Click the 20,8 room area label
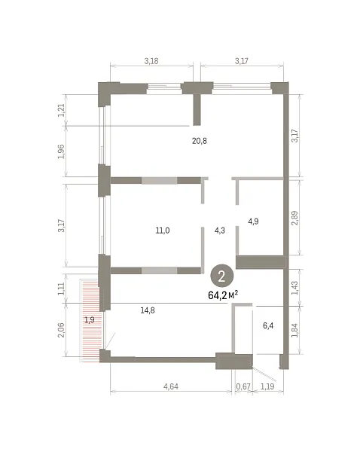(x=200, y=141)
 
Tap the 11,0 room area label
(x=163, y=231)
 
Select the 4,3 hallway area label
(x=220, y=231)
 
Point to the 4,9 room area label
(x=253, y=221)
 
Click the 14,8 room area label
(x=148, y=310)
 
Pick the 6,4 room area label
(x=268, y=325)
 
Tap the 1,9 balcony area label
(x=90, y=319)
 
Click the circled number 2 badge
(x=221, y=276)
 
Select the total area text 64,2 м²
(x=223, y=295)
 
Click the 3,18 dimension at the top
(x=151, y=61)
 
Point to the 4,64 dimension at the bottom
(x=171, y=386)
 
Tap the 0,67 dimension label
(x=243, y=386)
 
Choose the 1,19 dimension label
(x=267, y=386)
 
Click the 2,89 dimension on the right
(x=295, y=218)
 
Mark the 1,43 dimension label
(x=295, y=288)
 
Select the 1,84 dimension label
(x=295, y=331)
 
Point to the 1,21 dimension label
(x=62, y=110)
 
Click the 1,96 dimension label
(x=62, y=151)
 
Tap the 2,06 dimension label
(x=62, y=330)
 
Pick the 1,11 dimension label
(x=62, y=289)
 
